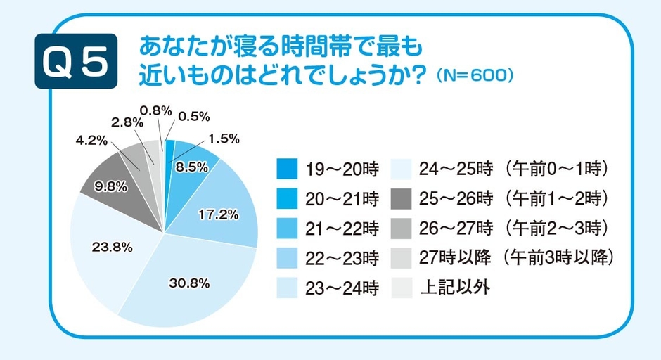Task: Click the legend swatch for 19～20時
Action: click(x=288, y=169)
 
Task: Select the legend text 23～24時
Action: click(x=342, y=289)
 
